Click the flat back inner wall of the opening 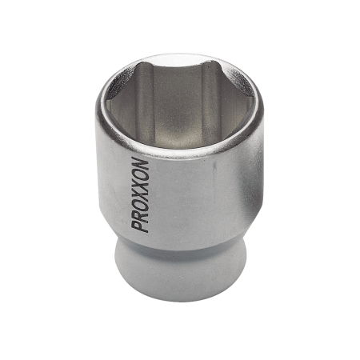pyautogui.click(x=180, y=78)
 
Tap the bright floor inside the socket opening pyautogui.click(x=179, y=120)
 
